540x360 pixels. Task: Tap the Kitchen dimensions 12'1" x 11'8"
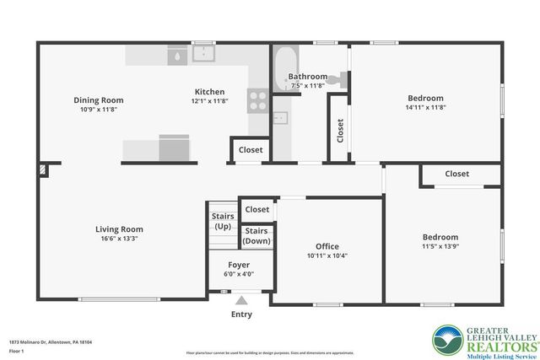(x=209, y=101)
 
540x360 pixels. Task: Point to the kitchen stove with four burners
(x=257, y=102)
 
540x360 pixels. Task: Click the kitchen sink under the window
(x=203, y=55)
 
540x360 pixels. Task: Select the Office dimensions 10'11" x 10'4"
(x=326, y=255)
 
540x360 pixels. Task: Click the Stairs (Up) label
(x=223, y=222)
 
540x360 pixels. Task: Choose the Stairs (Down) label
(x=256, y=236)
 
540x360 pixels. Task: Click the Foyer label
(x=239, y=264)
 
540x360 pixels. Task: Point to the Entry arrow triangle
(x=241, y=299)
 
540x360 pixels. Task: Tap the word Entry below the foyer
(x=241, y=314)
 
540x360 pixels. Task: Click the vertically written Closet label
(x=340, y=130)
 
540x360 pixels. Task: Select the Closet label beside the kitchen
(x=251, y=150)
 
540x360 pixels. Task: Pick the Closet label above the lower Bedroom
(x=456, y=174)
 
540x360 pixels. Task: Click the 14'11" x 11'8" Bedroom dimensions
(x=424, y=107)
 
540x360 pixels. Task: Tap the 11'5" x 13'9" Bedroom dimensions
(x=440, y=247)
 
